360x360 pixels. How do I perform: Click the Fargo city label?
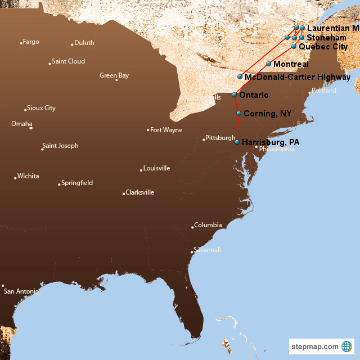(31, 42)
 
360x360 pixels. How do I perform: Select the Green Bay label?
(114, 75)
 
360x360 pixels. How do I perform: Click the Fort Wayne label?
(166, 130)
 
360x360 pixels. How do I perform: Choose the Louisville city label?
(156, 168)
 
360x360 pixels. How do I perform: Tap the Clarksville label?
(139, 192)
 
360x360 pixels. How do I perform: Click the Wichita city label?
(28, 176)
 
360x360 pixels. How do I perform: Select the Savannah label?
(208, 249)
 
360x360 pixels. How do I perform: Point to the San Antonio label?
(21, 291)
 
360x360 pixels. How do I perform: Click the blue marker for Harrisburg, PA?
(237, 142)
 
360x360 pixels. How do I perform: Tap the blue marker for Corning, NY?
(239, 114)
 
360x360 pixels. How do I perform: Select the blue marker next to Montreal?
(269, 64)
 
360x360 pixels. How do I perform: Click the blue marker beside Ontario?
(235, 95)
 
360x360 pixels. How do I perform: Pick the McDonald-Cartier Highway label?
(298, 77)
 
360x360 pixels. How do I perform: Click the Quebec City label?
(323, 47)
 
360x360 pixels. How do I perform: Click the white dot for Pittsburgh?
(204, 139)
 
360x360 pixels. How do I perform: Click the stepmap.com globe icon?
(346, 346)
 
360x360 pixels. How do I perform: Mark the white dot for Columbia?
(193, 227)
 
